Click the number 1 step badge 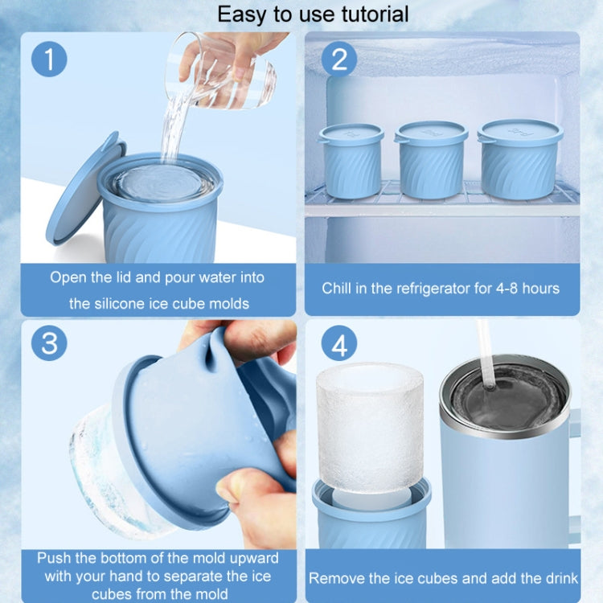tap(49, 59)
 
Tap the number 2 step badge tap(339, 59)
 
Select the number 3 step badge tap(49, 343)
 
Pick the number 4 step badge tap(339, 343)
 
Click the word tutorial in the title tap(375, 14)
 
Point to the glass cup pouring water tap(220, 71)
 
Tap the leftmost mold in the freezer tap(351, 160)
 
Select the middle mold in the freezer tap(431, 160)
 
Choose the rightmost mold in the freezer tap(520, 159)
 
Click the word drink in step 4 tap(560, 578)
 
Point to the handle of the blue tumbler tap(574, 477)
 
